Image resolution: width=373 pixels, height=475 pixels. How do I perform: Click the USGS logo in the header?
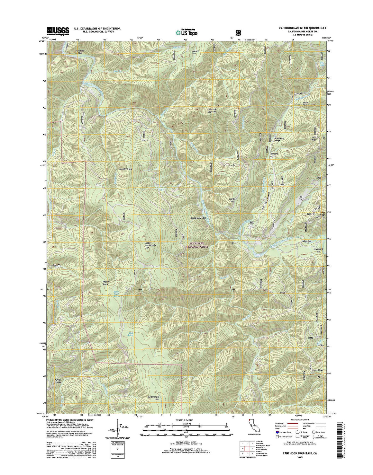58,31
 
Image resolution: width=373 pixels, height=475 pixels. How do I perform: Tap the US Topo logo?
186,32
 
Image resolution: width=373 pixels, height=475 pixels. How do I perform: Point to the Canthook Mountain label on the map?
212,110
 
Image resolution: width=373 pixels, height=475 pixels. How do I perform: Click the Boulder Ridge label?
125,169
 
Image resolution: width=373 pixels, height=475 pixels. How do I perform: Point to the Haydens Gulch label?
275,155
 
